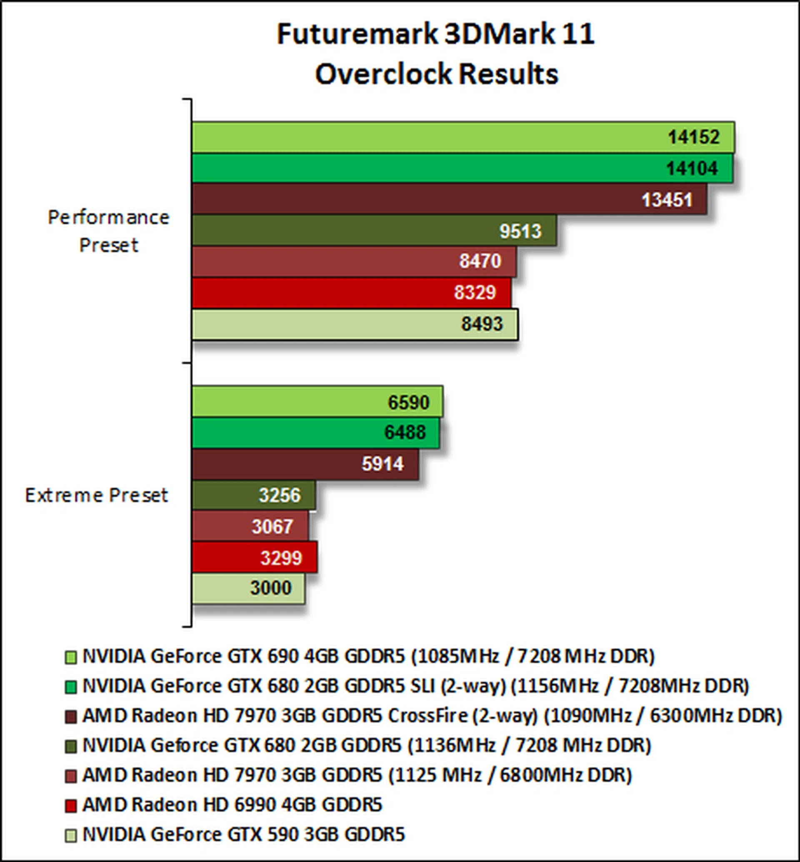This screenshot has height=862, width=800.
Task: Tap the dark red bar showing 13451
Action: [449, 200]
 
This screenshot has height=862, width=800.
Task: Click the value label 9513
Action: [520, 231]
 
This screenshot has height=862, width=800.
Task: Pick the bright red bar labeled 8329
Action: [351, 293]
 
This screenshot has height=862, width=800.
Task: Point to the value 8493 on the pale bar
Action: [482, 324]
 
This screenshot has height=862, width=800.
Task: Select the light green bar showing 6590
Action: [317, 402]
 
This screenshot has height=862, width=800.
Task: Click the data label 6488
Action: [405, 432]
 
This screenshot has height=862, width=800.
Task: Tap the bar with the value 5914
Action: [305, 464]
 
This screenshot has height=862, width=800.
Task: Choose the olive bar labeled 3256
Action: [253, 495]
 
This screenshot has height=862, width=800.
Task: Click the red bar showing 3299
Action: [254, 558]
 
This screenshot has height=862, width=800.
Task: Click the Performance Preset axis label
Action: [109, 231]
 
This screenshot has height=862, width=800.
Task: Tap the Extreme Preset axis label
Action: [97, 495]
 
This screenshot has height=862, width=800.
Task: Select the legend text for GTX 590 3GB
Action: [243, 835]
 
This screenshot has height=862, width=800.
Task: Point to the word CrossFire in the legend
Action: [427, 716]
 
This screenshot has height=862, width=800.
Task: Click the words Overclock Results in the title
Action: [436, 74]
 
